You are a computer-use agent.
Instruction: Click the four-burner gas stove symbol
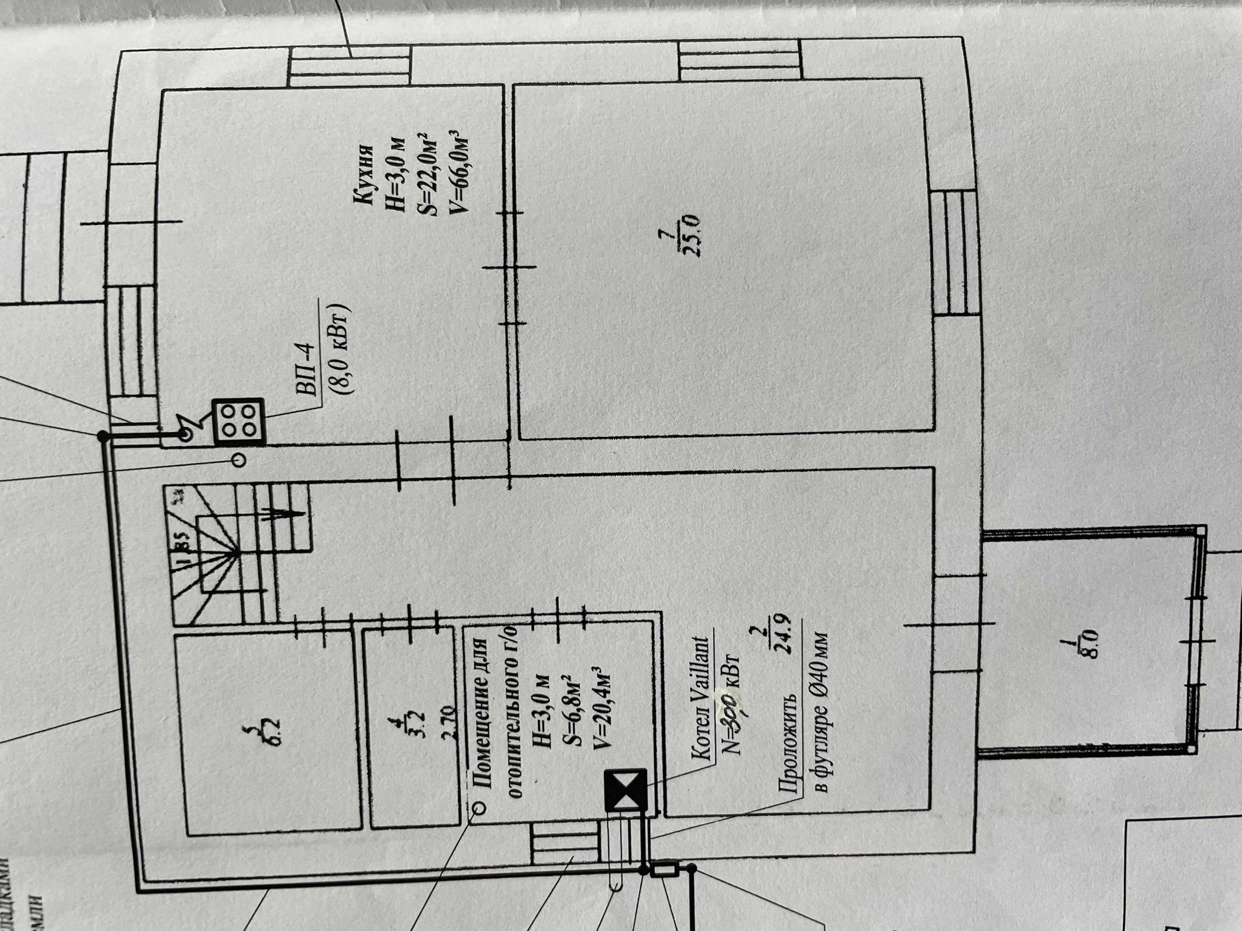[x=238, y=422]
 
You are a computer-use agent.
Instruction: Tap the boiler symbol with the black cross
[x=625, y=789]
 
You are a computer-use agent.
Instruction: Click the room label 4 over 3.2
[x=414, y=725]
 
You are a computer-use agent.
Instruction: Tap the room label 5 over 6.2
[x=266, y=734]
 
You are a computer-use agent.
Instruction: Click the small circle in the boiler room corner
[x=479, y=808]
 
